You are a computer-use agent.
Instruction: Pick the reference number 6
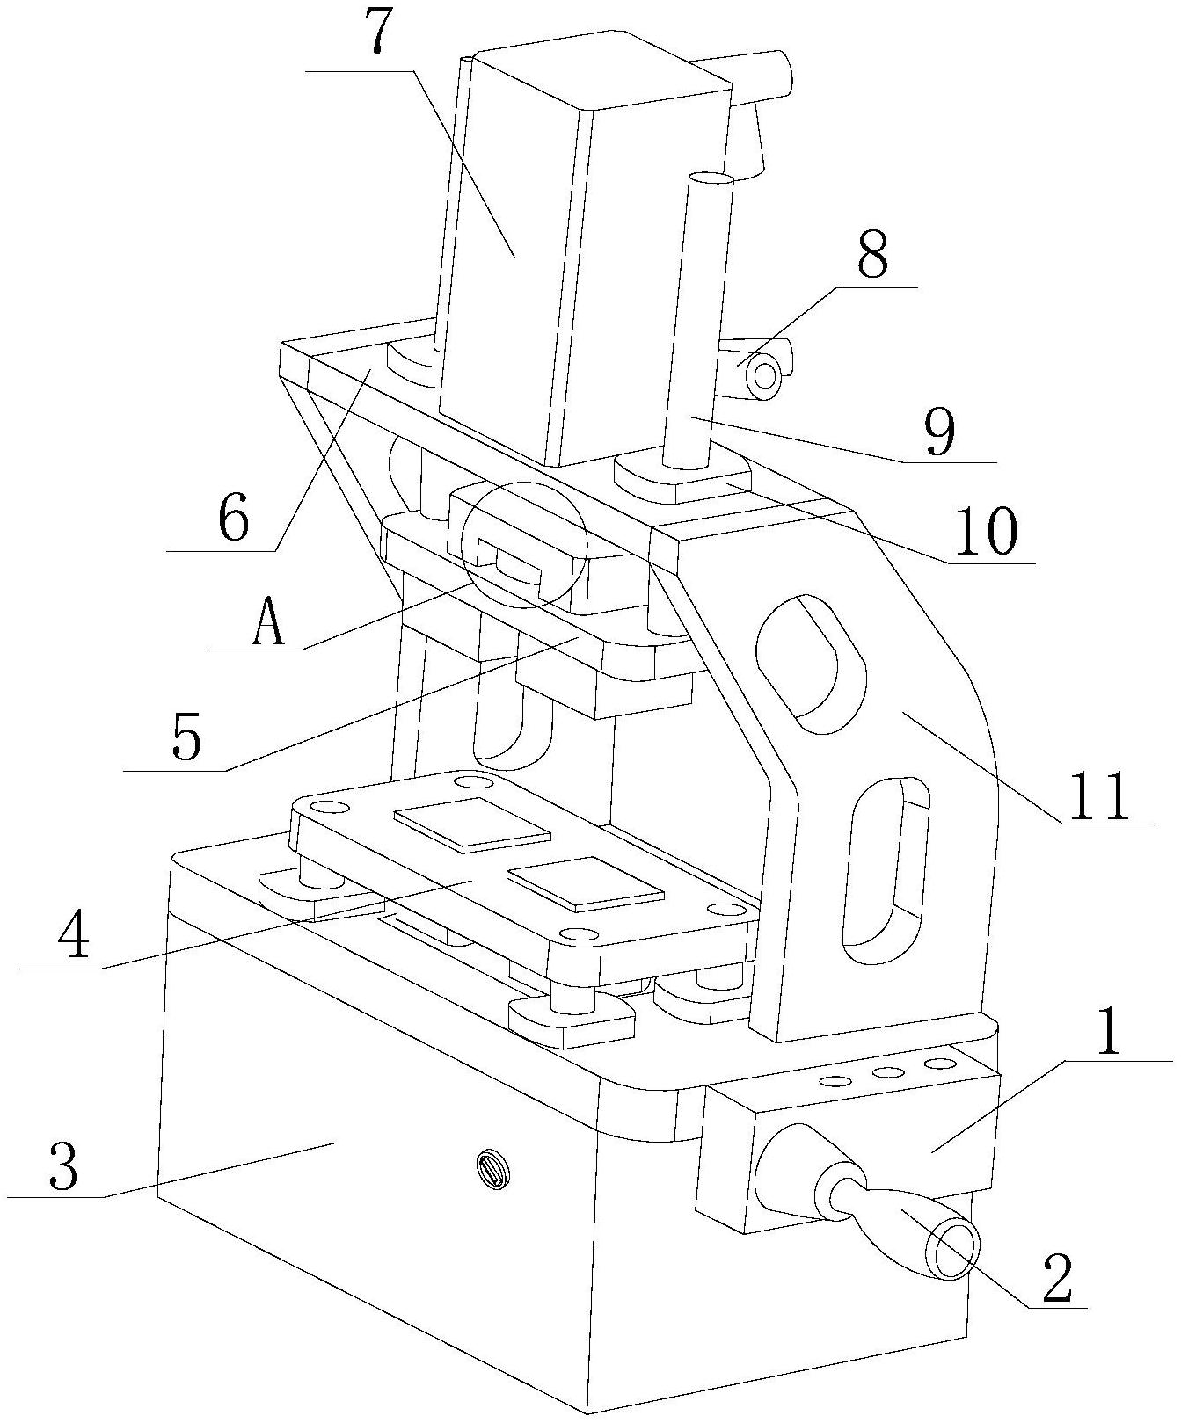click(x=232, y=519)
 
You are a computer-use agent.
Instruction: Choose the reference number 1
click(x=1109, y=1034)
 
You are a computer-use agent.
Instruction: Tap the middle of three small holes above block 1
click(x=886, y=1072)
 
